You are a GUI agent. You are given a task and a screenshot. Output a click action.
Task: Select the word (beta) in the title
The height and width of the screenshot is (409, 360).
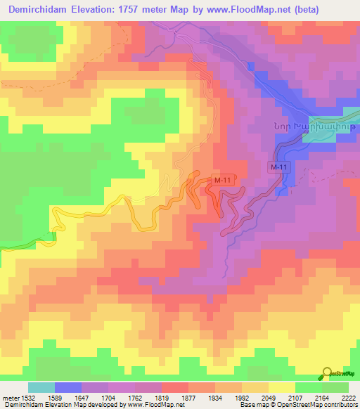pos(333,10)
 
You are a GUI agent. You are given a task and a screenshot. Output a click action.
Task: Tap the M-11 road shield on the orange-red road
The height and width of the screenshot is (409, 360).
pos(222,181)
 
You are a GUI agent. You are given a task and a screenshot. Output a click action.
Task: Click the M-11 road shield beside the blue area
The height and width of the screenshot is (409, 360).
pos(279,167)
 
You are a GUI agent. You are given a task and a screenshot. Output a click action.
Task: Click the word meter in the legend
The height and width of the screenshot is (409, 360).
pos(10,398)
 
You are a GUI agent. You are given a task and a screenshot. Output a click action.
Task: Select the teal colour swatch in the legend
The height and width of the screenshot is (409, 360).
pos(41,387)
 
